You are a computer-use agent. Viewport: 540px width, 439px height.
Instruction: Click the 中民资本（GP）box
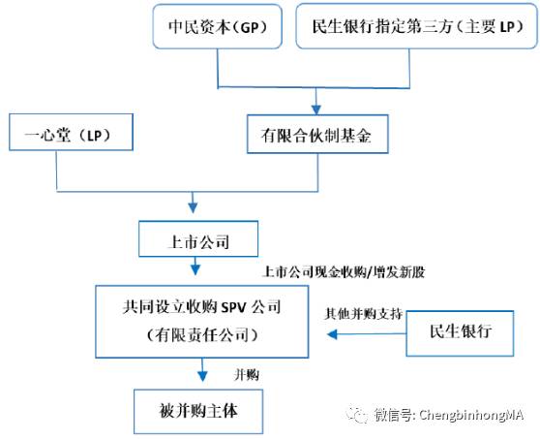tap(218, 26)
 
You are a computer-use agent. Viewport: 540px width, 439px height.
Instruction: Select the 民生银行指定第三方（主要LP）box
tap(417, 26)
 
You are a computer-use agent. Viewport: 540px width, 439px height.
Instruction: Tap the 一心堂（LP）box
tap(71, 132)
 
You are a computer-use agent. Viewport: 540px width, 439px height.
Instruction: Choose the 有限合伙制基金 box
tap(317, 134)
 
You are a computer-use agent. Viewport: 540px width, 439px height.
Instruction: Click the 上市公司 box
tap(198, 238)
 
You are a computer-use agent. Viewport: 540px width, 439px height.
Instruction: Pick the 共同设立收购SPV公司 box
tap(202, 322)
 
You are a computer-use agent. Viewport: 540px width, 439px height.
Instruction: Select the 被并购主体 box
tap(198, 412)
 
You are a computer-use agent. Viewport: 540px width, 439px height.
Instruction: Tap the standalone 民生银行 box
tap(460, 333)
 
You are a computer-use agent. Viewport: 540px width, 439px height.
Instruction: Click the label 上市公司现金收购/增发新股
tap(344, 272)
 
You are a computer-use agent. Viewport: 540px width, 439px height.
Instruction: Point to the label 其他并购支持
tap(363, 313)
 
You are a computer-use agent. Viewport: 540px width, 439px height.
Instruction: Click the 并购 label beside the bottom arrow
tap(247, 374)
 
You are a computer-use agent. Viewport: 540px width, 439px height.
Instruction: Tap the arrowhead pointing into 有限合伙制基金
tap(316, 110)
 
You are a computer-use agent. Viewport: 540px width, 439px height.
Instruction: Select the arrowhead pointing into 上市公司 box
tap(193, 207)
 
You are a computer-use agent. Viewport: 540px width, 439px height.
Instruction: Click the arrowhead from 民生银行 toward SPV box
tap(332, 334)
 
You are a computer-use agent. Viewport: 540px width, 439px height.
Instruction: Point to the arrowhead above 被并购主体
tap(202, 376)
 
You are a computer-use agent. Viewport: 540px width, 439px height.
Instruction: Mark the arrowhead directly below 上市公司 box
tap(195, 269)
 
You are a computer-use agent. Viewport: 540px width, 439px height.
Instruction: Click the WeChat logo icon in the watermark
tap(357, 414)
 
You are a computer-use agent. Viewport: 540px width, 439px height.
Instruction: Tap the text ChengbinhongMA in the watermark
tap(471, 415)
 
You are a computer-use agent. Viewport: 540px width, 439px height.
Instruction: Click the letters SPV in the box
tap(233, 307)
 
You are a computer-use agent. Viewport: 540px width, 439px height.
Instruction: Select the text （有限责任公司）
tap(202, 334)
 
